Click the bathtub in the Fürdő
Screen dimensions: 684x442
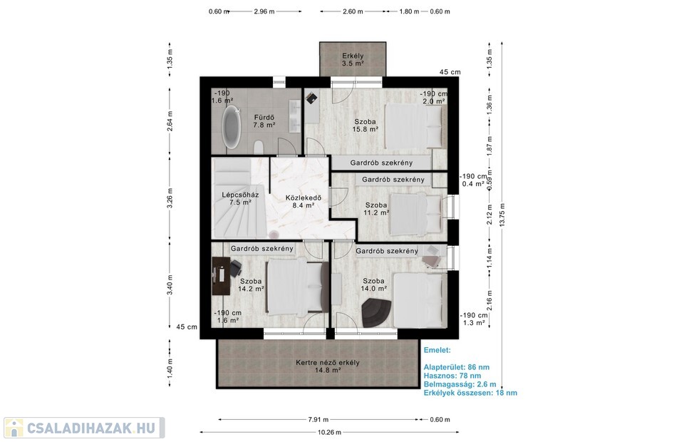tap(232, 127)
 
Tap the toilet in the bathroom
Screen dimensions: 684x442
tap(259, 148)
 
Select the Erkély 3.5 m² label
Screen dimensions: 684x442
tap(353, 59)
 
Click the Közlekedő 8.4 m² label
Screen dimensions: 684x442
tap(304, 201)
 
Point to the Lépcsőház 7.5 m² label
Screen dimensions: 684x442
tap(240, 198)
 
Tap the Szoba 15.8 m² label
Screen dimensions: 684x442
tap(365, 125)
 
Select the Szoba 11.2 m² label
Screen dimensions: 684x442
tap(376, 209)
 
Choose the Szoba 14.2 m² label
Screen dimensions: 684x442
tap(251, 285)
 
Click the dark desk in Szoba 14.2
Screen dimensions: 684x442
tap(221, 276)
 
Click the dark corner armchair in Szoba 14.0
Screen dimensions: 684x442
tap(376, 312)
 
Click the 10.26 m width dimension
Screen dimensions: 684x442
tap(329, 433)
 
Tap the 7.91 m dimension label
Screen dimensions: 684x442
tap(318, 420)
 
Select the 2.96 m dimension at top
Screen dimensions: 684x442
tap(264, 11)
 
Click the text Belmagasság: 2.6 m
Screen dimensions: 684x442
tap(460, 384)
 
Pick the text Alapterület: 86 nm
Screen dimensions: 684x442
tap(456, 367)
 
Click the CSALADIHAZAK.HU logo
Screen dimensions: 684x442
tap(84, 428)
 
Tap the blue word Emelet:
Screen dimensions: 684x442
tap(437, 350)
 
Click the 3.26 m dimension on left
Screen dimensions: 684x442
tap(170, 197)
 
